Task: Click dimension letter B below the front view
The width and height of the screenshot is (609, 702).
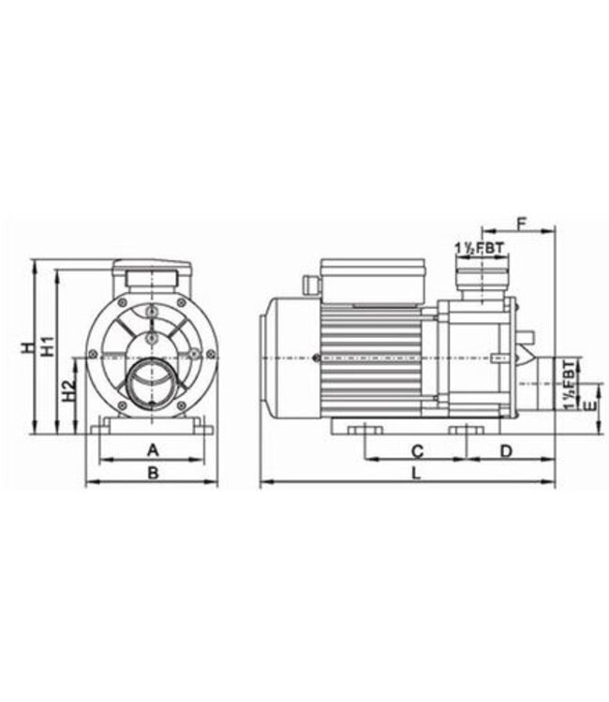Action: click(x=153, y=474)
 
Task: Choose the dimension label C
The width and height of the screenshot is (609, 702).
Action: click(x=418, y=451)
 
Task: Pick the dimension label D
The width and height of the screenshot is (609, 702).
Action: click(x=506, y=451)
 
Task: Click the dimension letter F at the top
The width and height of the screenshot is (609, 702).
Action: click(x=522, y=224)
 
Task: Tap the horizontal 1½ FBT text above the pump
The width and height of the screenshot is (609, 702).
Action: click(x=479, y=247)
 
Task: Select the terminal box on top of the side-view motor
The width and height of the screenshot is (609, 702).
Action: click(x=372, y=280)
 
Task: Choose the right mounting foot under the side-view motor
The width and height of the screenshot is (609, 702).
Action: click(x=465, y=430)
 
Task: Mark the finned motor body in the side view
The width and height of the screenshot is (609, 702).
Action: click(x=375, y=360)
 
